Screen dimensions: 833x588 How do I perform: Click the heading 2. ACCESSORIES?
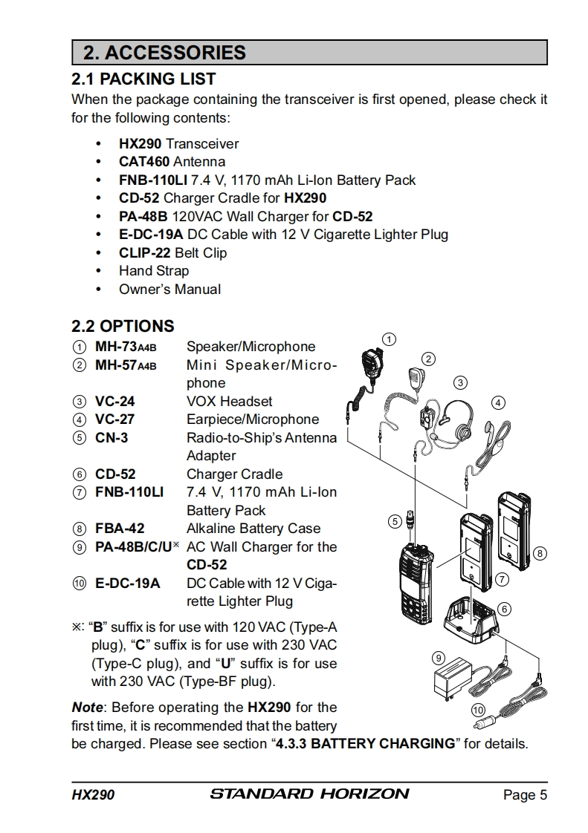[x=164, y=53]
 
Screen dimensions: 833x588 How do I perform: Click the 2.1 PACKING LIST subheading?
[x=143, y=79]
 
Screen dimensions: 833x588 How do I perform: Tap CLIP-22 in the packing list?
[x=144, y=252]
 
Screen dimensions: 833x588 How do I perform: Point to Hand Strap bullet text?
[x=154, y=271]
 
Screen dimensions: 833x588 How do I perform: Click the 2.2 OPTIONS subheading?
[x=123, y=326]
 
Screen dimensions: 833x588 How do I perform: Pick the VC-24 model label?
[x=115, y=402]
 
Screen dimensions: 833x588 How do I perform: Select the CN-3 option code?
[x=112, y=438]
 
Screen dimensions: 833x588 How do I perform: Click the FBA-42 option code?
[x=120, y=529]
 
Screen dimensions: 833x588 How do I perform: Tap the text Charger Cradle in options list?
[x=234, y=474]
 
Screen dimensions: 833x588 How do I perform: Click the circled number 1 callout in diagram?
[x=387, y=339]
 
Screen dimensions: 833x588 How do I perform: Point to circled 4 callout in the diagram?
[x=499, y=402]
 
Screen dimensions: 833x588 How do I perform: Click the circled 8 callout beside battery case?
[x=540, y=553]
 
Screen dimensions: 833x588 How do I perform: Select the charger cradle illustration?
[x=471, y=620]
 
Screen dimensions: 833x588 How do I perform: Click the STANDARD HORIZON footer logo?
[x=309, y=794]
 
